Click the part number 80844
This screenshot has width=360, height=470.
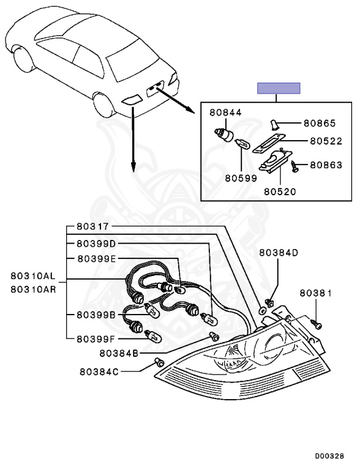coord(225,113)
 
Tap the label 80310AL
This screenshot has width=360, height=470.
coord(33,276)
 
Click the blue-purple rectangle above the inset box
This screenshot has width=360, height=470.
coord(279,88)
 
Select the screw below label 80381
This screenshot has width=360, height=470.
coord(316,319)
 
